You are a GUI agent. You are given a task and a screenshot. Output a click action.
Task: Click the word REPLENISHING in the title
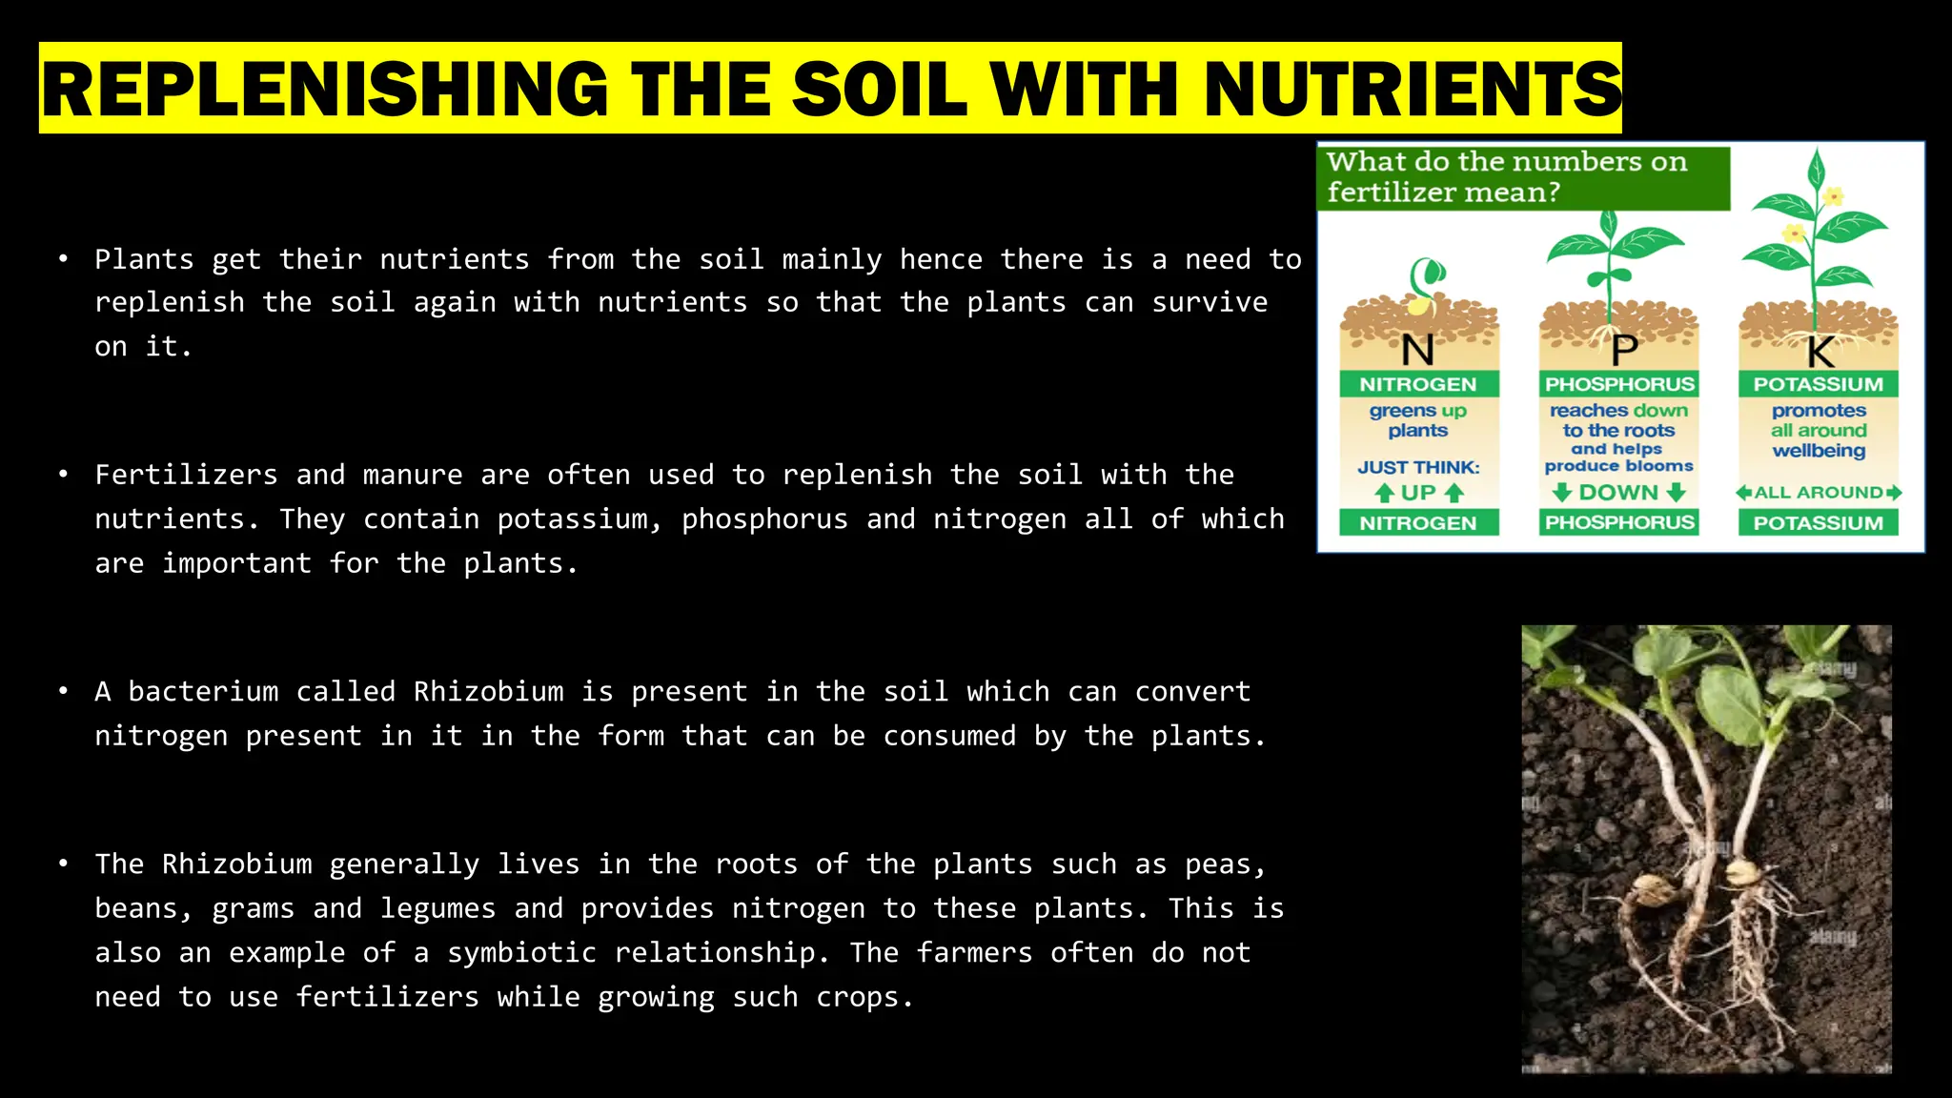325,89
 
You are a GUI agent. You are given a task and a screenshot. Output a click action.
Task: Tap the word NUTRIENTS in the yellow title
1412,89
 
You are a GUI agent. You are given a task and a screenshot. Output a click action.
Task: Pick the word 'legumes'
437,908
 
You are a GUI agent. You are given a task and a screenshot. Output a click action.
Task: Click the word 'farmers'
974,952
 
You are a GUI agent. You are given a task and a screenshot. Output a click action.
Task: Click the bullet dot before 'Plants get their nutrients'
63,258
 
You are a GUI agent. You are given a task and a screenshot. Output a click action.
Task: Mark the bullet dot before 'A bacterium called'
63,690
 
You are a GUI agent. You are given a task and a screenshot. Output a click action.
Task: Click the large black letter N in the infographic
1418,351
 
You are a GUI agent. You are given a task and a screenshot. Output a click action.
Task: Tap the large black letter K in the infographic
1820,353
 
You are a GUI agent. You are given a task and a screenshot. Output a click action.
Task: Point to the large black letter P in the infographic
1624,351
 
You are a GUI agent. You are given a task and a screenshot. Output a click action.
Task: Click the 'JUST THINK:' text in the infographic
1418,467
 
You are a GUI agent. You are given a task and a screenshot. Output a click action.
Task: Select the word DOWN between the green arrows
1618,493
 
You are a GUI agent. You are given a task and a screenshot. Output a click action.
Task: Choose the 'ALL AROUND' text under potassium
1818,493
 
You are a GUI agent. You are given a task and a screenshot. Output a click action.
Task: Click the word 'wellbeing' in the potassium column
1819,451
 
